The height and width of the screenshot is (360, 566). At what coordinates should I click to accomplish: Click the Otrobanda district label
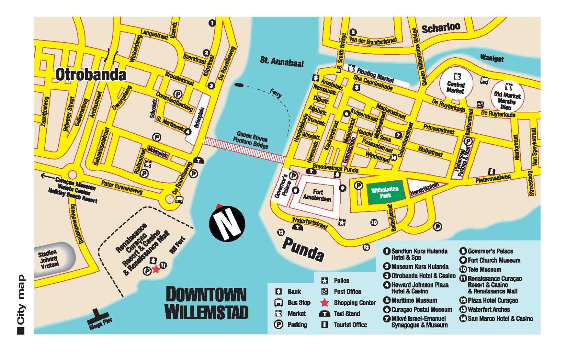[x=91, y=75]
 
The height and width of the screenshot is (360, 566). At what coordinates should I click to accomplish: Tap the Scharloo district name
[x=441, y=27]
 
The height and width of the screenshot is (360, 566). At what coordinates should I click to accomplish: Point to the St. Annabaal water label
[x=282, y=62]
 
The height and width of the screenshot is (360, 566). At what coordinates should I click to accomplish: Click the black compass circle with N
[x=227, y=224]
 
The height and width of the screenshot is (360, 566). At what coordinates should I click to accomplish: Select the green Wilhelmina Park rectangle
[x=385, y=193]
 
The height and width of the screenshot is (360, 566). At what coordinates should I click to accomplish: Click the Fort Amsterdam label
[x=317, y=195]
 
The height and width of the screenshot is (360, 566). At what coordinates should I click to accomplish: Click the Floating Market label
[x=375, y=75]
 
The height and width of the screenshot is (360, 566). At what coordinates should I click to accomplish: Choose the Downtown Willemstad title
[x=206, y=303]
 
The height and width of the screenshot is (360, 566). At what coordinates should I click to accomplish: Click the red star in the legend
[x=324, y=303]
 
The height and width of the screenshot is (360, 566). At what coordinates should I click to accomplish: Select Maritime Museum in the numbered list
[x=414, y=300]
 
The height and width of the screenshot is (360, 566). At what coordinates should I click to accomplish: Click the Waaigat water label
[x=491, y=58]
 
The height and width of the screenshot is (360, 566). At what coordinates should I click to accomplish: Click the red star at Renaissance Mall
[x=156, y=270]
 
